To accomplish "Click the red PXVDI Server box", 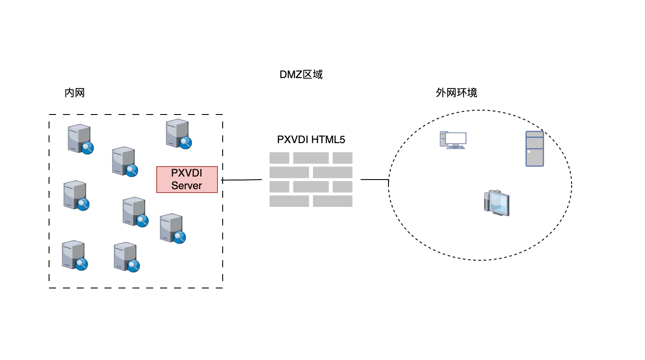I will (x=187, y=179).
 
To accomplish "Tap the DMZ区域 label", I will (x=301, y=75).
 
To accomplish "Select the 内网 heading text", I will (x=75, y=93).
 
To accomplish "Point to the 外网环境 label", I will (x=456, y=93).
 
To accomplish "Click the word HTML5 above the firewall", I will (x=328, y=140).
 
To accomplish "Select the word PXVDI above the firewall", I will (x=293, y=140).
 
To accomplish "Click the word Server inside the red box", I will (x=187, y=186).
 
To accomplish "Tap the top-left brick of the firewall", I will (x=279, y=158).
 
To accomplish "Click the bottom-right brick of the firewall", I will (x=332, y=201).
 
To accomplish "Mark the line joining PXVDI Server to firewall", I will (x=242, y=180).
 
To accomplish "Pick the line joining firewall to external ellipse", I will (x=374, y=179).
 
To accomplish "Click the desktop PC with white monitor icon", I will (x=453, y=140).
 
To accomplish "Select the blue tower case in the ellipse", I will (x=535, y=149).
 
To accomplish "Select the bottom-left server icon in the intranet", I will (x=74, y=255).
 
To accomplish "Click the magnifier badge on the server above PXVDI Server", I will (x=186, y=142).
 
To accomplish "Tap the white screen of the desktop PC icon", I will (x=456, y=138).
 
